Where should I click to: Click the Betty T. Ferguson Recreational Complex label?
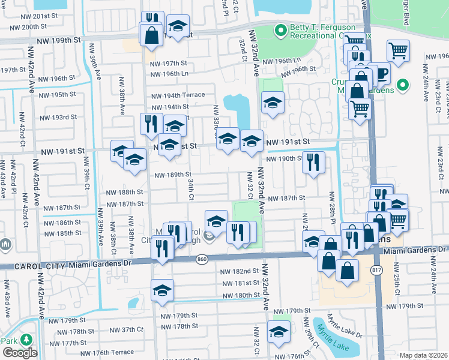pyautogui.click(x=322, y=32)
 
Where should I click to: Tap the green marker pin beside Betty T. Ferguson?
pyautogui.click(x=280, y=29)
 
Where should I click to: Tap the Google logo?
pyautogui.click(x=20, y=352)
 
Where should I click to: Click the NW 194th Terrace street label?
pyautogui.click(x=178, y=95)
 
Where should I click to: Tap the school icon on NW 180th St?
pyautogui.click(x=162, y=290)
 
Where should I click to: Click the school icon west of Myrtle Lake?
pyautogui.click(x=279, y=331)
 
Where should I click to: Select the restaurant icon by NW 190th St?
pyautogui.click(x=313, y=162)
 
